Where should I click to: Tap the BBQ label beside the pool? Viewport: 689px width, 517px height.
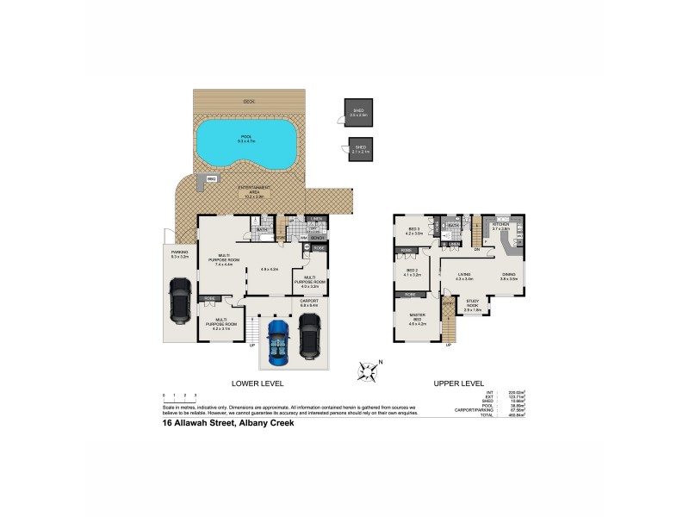[x=210, y=179]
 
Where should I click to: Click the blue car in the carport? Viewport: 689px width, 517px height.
[x=278, y=342]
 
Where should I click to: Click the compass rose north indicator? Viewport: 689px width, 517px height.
[x=369, y=372]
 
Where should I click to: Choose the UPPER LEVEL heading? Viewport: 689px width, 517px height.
[x=459, y=383]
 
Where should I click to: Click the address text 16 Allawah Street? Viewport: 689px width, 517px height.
[x=229, y=423]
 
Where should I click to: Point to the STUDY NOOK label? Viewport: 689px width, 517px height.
[x=471, y=303]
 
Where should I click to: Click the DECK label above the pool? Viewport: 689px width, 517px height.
[x=250, y=101]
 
